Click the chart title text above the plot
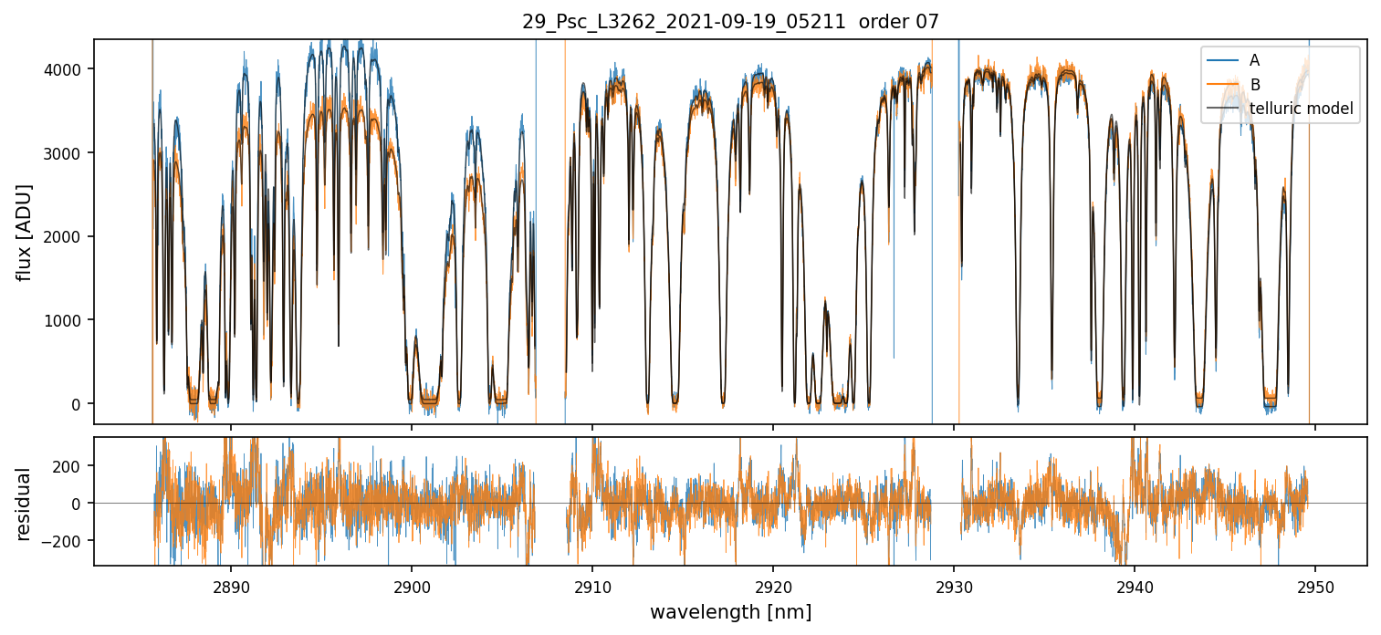(x=730, y=22)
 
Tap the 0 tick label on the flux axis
(x=77, y=404)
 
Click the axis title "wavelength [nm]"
(x=730, y=612)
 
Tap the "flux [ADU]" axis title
(x=25, y=232)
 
